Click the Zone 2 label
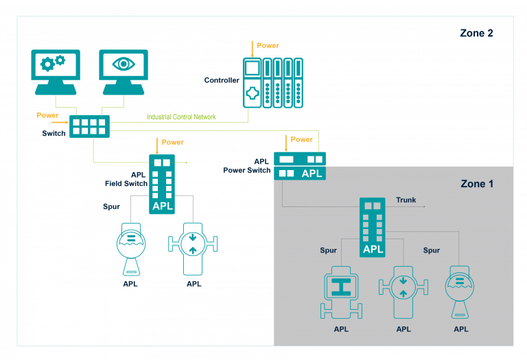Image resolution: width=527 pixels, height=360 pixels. (476, 33)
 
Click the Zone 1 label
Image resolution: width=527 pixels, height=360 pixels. (476, 184)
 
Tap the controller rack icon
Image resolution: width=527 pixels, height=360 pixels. (272, 83)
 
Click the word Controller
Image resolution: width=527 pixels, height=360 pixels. (222, 80)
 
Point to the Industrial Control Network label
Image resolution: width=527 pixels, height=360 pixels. (181, 117)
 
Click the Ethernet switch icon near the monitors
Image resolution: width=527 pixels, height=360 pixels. (89, 126)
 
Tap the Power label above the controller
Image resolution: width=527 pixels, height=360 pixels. (268, 45)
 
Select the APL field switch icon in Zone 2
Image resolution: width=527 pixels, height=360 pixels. (162, 184)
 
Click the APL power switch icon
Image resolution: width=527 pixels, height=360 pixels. (300, 165)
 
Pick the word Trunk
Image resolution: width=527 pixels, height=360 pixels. (406, 200)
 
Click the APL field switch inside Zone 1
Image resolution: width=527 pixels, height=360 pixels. (373, 227)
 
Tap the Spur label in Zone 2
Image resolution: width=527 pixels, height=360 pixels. (111, 206)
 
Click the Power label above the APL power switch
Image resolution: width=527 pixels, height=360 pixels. (301, 139)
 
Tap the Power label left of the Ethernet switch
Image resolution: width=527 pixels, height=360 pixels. (47, 115)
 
